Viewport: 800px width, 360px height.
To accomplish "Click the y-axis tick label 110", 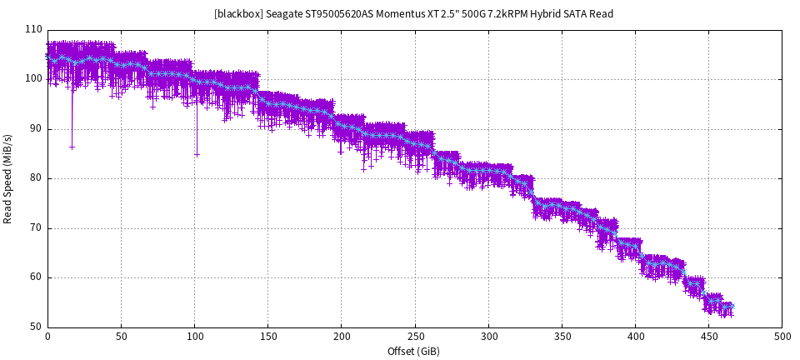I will (33, 29).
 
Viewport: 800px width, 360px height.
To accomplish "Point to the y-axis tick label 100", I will (33, 79).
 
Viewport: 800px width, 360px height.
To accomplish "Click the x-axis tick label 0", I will (47, 337).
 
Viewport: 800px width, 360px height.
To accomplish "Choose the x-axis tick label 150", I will (268, 337).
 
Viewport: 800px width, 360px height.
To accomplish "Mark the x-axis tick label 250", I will (415, 337).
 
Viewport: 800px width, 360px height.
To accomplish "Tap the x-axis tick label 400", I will (636, 337).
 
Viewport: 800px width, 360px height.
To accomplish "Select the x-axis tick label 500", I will (782, 337).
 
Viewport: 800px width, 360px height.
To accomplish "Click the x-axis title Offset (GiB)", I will (414, 352).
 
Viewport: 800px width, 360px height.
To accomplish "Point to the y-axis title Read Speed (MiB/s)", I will (8, 178).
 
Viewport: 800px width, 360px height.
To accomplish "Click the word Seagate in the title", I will (284, 14).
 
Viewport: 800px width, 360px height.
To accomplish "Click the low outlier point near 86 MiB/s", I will (72, 147).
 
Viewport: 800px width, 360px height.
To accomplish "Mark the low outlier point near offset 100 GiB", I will (197, 154).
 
